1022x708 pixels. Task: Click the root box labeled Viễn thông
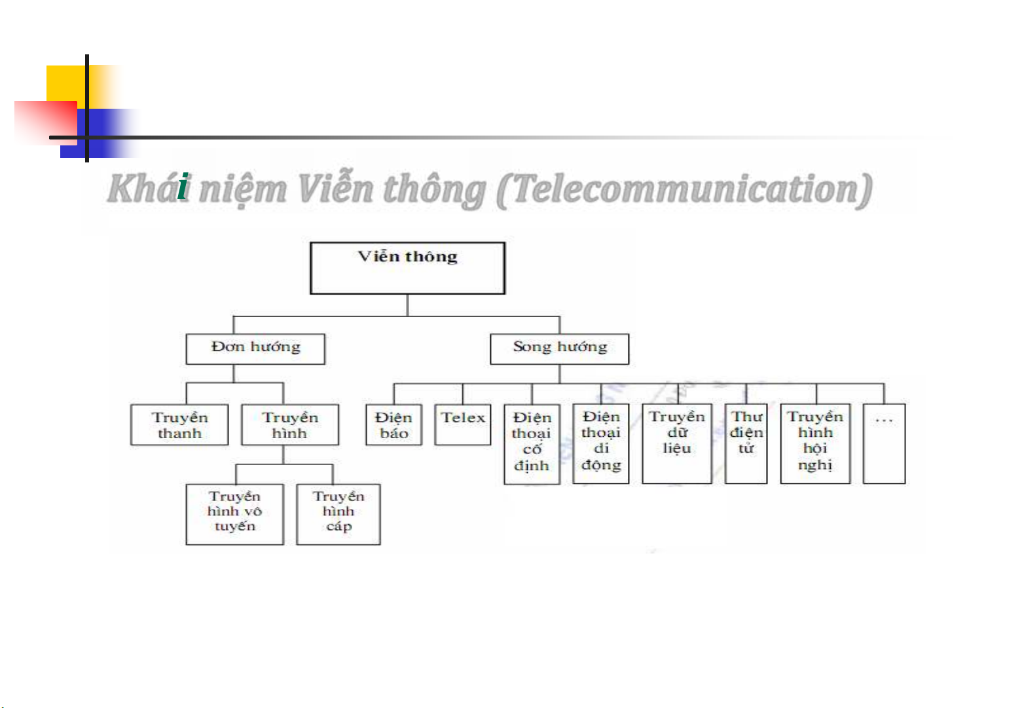point(407,269)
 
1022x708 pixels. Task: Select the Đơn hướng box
point(255,349)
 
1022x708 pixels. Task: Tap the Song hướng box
point(559,349)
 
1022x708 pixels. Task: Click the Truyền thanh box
point(179,425)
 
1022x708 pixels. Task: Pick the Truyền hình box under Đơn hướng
point(289,425)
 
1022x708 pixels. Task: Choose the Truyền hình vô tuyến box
point(234,514)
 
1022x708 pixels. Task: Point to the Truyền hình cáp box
point(338,514)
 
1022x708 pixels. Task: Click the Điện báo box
point(393,425)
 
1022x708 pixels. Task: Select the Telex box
point(463,425)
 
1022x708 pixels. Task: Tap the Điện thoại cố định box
point(532,444)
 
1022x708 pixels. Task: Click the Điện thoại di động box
point(600,444)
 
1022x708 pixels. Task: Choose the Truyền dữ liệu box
point(676,444)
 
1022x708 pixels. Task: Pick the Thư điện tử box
point(746,444)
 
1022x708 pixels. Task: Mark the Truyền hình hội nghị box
point(815,444)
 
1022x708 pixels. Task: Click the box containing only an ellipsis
point(884,444)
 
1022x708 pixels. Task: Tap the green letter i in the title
point(184,188)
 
